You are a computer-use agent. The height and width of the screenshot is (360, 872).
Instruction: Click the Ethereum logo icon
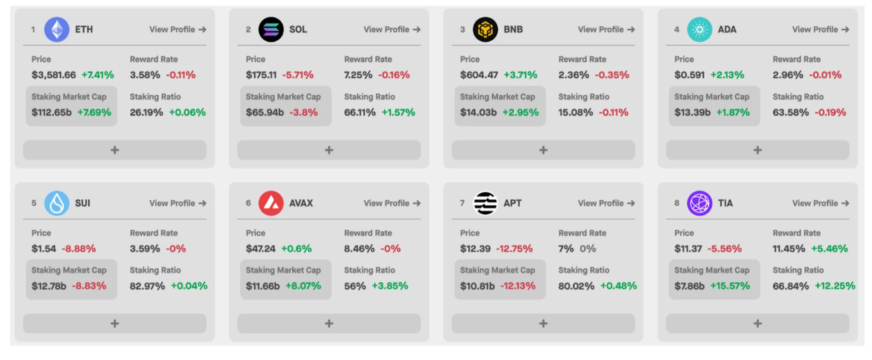(x=56, y=29)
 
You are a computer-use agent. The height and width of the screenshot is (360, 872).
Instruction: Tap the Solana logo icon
(x=271, y=29)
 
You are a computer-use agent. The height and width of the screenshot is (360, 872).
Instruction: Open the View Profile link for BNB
(x=606, y=29)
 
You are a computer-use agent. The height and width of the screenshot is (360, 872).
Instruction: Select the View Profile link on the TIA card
(x=820, y=203)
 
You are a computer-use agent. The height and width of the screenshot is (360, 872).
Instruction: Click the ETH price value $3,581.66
(x=53, y=75)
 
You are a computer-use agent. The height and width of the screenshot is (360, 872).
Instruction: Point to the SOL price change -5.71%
(x=298, y=75)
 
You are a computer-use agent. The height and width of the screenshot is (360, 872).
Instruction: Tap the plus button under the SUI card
(x=115, y=323)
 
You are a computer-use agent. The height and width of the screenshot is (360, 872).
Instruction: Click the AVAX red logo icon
(x=271, y=203)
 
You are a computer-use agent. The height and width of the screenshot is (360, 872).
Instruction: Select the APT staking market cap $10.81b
(x=477, y=286)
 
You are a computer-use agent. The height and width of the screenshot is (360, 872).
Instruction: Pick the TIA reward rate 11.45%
(x=789, y=249)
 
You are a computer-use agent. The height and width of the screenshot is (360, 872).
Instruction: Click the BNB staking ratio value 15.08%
(x=575, y=112)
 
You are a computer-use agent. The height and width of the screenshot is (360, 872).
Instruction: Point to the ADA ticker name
(x=727, y=29)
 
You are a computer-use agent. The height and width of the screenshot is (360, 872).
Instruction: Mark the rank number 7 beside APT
(x=462, y=203)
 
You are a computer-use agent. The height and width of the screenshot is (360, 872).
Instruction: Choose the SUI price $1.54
(x=44, y=249)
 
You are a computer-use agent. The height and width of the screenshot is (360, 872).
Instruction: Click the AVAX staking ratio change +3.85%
(x=389, y=286)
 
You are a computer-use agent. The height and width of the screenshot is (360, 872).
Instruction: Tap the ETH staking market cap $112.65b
(x=51, y=112)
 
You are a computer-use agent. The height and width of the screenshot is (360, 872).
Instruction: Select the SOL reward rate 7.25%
(x=358, y=75)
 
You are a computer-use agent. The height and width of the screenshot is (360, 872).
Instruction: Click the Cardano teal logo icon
(x=699, y=29)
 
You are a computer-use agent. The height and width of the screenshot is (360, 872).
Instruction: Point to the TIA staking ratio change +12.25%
(x=834, y=286)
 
